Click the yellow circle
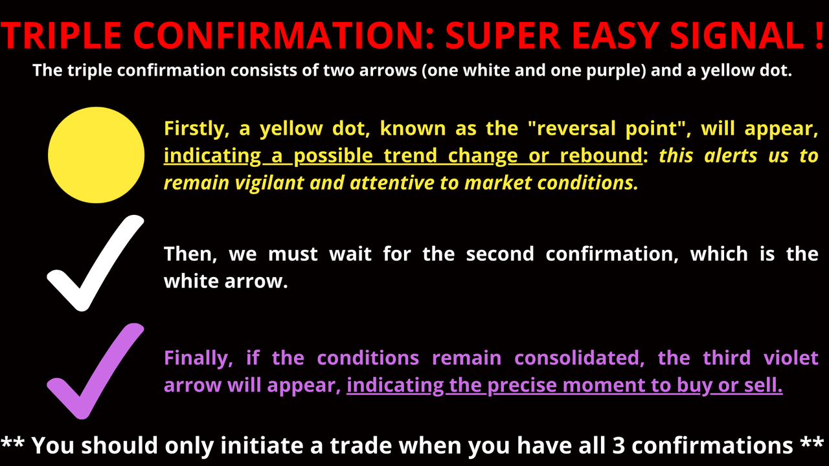(x=96, y=155)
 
